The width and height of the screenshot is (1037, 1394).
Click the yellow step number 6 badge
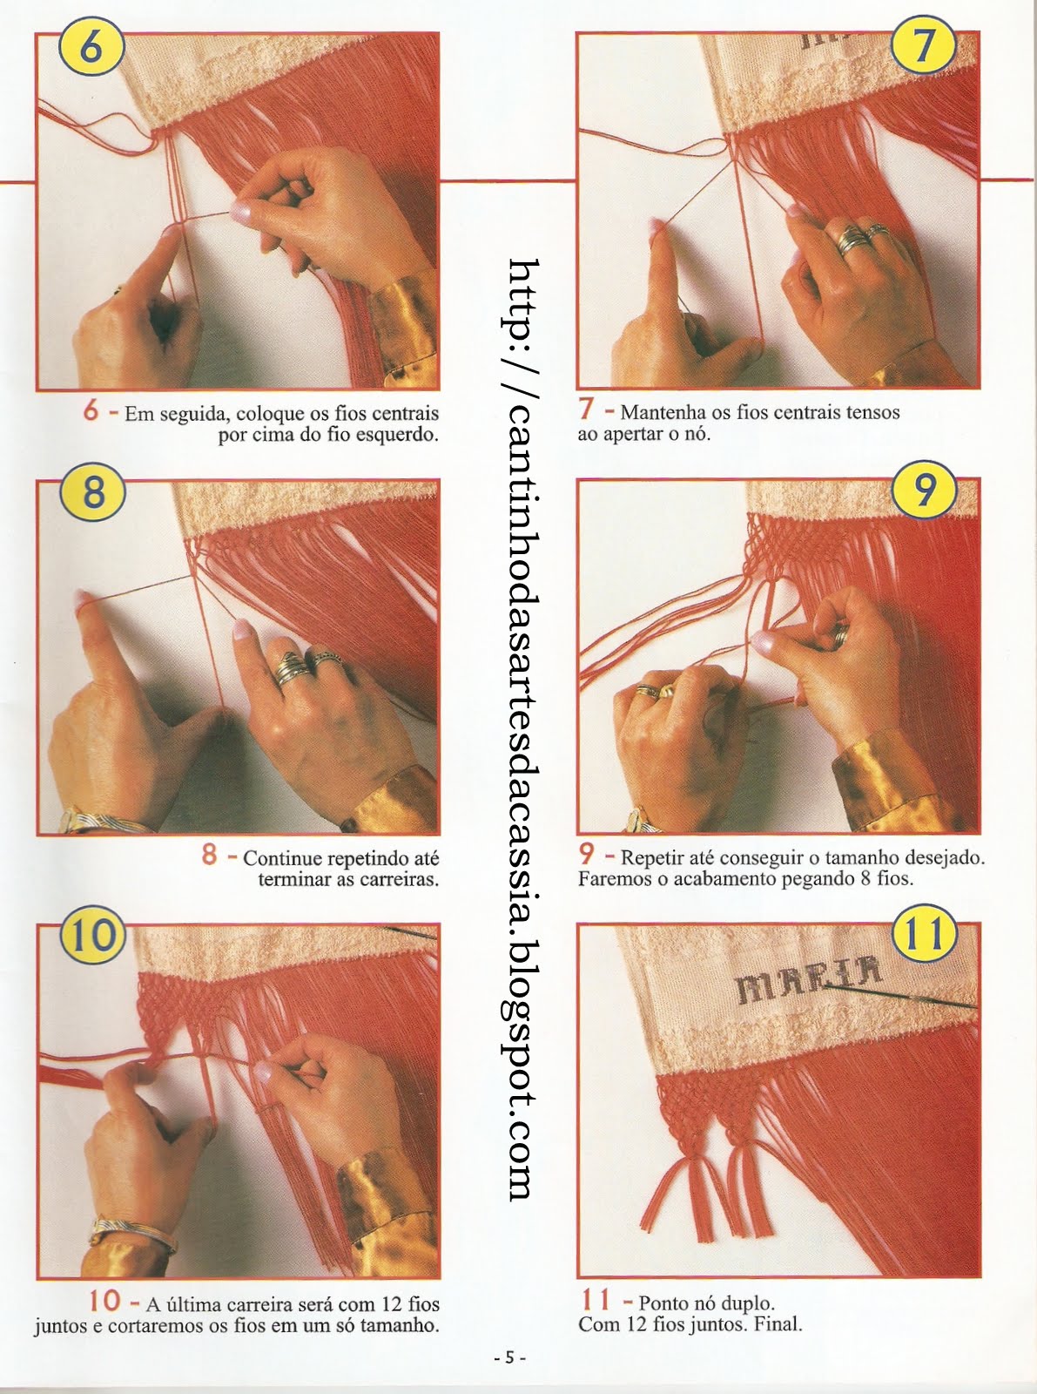pyautogui.click(x=92, y=49)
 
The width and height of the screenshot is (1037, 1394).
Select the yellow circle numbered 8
pyautogui.click(x=93, y=493)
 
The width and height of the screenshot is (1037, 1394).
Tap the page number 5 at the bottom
pyautogui.click(x=509, y=1359)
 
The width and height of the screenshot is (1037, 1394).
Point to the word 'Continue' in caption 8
pyautogui.click(x=281, y=858)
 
